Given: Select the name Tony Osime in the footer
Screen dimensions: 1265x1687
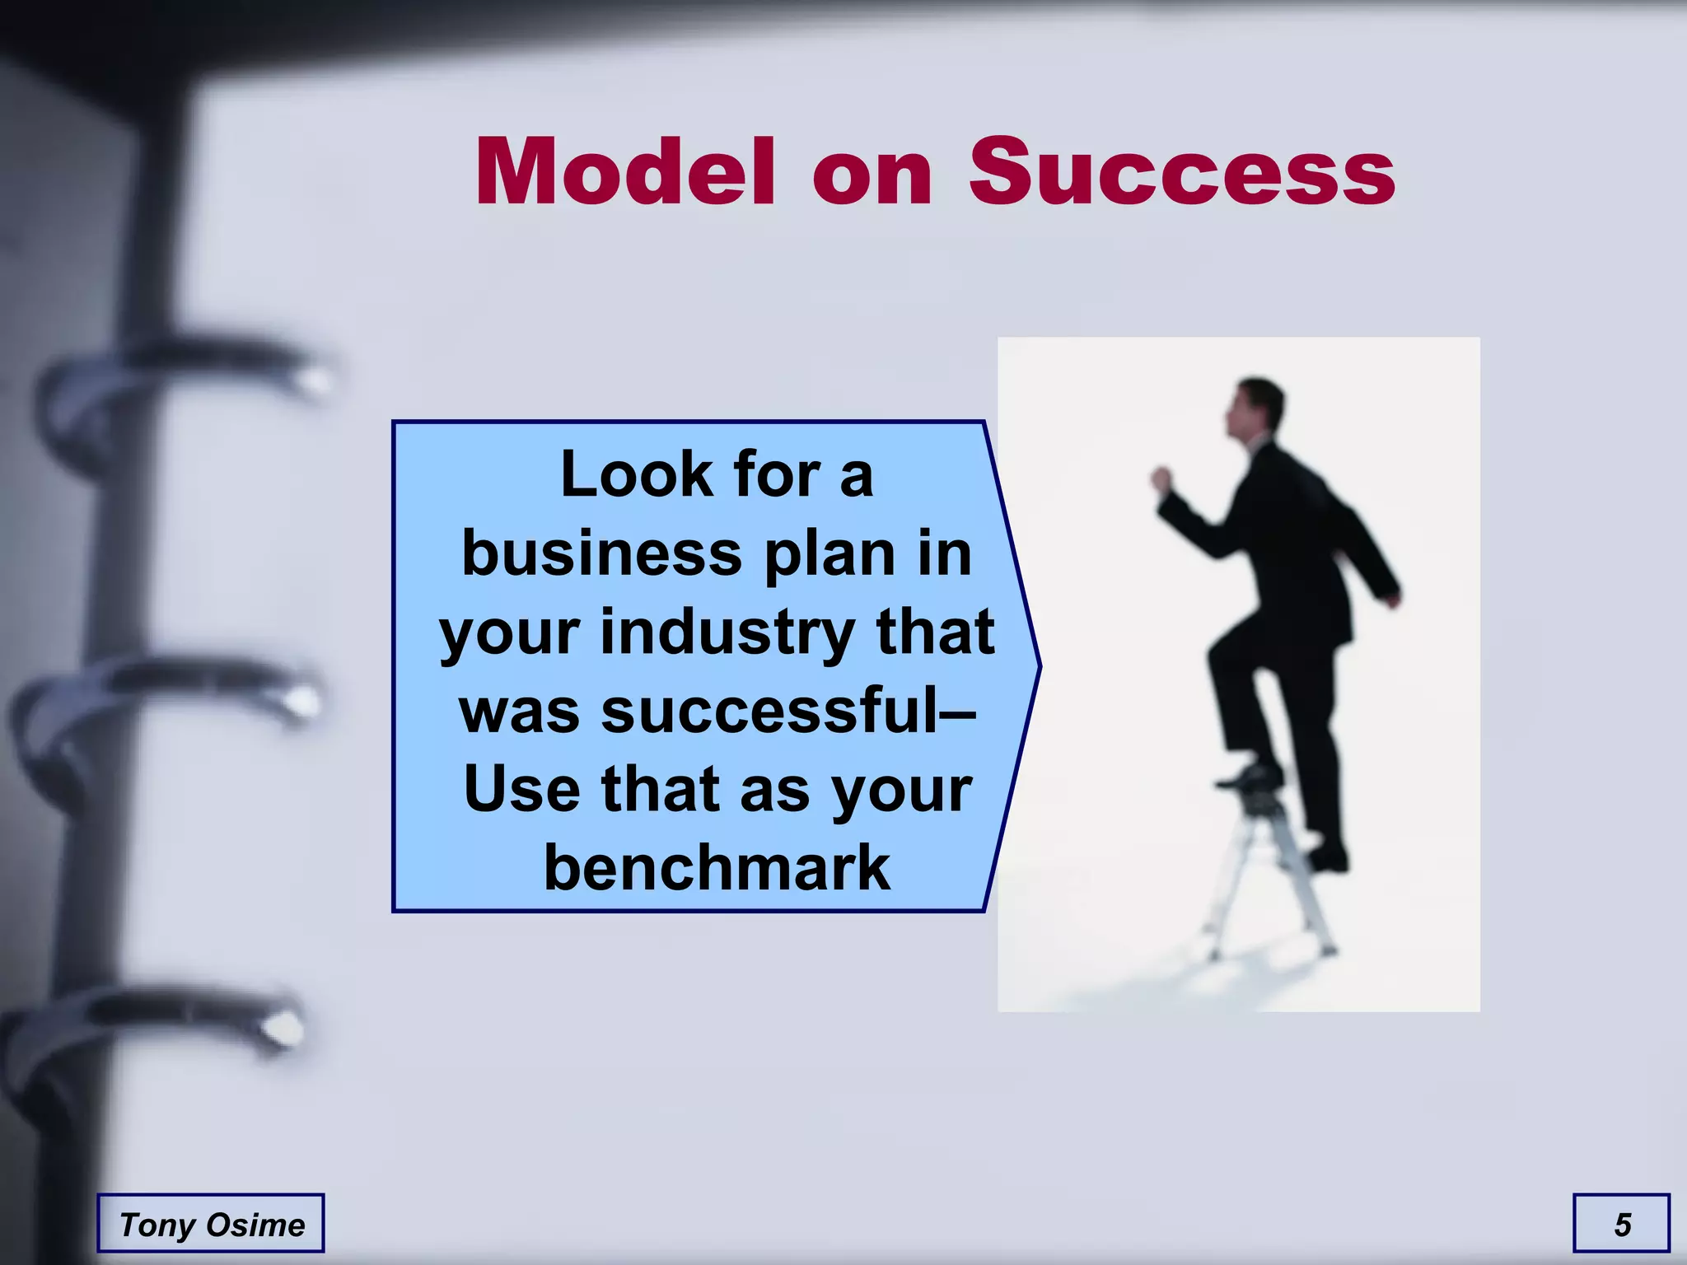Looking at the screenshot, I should [x=212, y=1225].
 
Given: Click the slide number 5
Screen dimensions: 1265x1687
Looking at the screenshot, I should [x=1622, y=1225].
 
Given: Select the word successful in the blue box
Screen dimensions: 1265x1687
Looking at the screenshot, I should [x=770, y=710].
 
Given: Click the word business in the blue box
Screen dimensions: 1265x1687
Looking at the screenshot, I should [x=601, y=553].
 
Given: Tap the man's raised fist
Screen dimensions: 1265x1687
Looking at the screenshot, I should [x=1162, y=478].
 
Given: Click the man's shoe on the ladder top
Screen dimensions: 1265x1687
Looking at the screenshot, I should [x=1251, y=775].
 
